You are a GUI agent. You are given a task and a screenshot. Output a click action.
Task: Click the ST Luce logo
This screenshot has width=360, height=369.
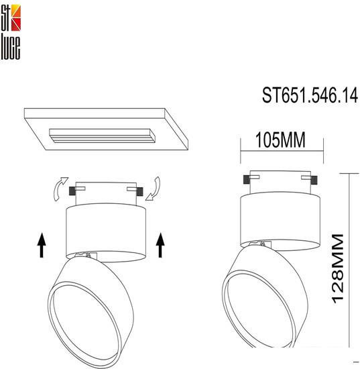(x=11, y=32)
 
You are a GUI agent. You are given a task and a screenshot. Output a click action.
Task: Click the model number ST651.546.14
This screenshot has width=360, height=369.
(x=310, y=95)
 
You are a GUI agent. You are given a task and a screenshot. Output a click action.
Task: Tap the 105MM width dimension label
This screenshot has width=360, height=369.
(x=280, y=140)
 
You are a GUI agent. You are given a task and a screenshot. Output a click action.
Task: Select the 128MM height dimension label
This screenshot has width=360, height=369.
(x=338, y=269)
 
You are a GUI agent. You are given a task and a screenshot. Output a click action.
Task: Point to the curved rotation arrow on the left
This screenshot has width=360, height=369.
(x=60, y=189)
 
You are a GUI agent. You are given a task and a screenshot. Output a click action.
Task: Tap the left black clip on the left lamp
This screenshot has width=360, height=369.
(x=72, y=191)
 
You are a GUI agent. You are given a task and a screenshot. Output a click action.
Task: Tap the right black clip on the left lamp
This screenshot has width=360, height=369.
(x=139, y=191)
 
